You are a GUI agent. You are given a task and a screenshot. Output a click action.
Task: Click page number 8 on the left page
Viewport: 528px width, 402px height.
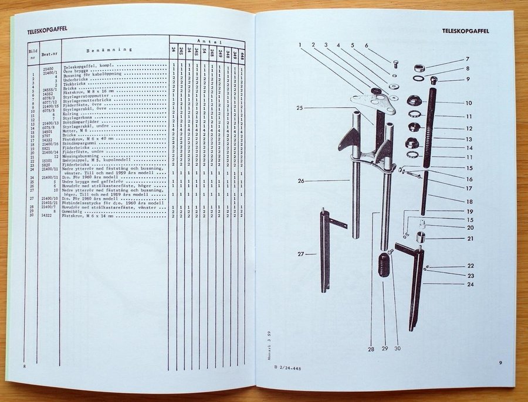click(25, 366)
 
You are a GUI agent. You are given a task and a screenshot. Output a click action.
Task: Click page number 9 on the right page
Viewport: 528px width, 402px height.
click(500, 363)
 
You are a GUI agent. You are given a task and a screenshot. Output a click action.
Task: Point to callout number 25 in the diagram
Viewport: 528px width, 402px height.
click(300, 108)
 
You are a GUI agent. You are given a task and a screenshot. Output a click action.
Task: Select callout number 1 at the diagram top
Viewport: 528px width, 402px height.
click(299, 45)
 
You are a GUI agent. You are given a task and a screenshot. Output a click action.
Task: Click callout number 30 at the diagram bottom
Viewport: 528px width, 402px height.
click(397, 349)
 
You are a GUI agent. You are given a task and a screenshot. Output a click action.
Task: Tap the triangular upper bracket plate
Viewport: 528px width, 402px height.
click(373, 102)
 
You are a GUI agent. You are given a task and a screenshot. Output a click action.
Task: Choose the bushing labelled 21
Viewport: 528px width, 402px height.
click(420, 238)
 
